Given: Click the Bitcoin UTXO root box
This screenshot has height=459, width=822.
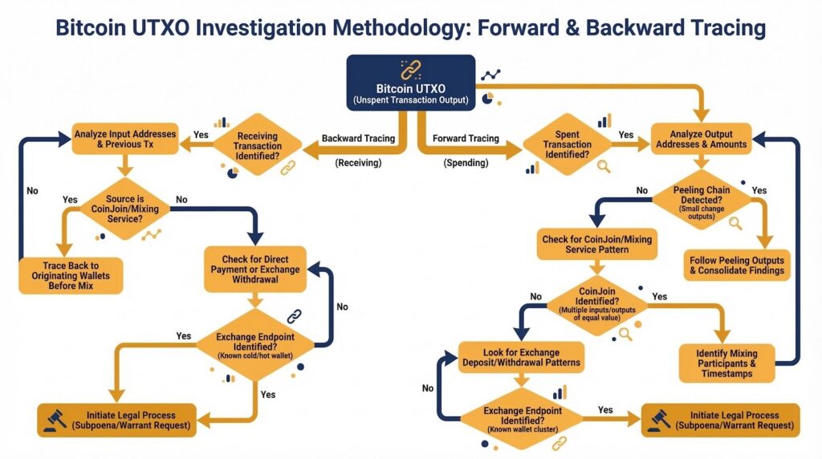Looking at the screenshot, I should click(x=410, y=83).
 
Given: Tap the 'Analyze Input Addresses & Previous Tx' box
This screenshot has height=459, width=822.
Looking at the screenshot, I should click(x=124, y=140).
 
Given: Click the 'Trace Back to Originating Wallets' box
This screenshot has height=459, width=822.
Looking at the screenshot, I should click(x=71, y=274).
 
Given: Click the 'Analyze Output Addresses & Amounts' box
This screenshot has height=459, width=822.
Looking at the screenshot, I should click(x=701, y=139).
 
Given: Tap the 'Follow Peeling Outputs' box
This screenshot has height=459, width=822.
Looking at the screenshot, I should click(x=736, y=266).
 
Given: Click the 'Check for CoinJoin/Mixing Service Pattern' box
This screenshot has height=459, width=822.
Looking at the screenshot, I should click(x=596, y=244).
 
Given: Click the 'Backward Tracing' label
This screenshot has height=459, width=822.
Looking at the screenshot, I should click(x=358, y=139).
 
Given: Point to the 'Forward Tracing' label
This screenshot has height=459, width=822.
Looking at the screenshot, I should click(x=466, y=139).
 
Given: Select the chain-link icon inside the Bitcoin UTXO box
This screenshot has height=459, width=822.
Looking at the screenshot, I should click(x=409, y=69).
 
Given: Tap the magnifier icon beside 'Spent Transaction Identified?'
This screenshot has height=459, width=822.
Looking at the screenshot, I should click(x=604, y=167).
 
